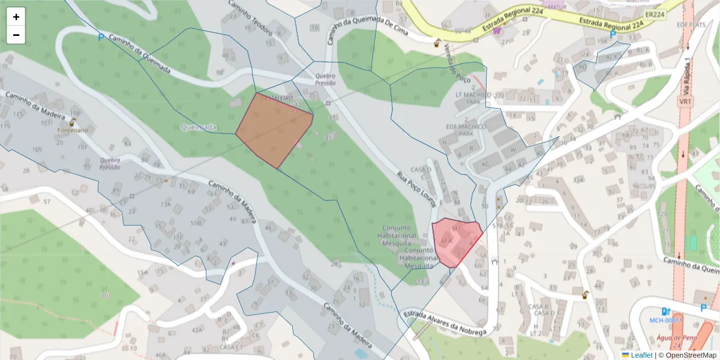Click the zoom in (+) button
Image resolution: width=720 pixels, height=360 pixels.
[x=16, y=17]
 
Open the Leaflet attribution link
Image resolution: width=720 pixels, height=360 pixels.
[x=641, y=355]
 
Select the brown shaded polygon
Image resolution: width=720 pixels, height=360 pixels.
[x=274, y=129]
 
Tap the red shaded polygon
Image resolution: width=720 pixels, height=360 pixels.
[x=456, y=242]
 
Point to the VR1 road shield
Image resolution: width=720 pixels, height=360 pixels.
[x=685, y=102]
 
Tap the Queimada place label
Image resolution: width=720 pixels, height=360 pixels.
[x=198, y=127]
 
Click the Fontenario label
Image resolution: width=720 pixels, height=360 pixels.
[x=73, y=130]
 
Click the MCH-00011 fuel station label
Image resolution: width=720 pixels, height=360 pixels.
[x=666, y=320]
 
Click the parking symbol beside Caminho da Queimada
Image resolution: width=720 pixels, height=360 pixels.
[x=101, y=37]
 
